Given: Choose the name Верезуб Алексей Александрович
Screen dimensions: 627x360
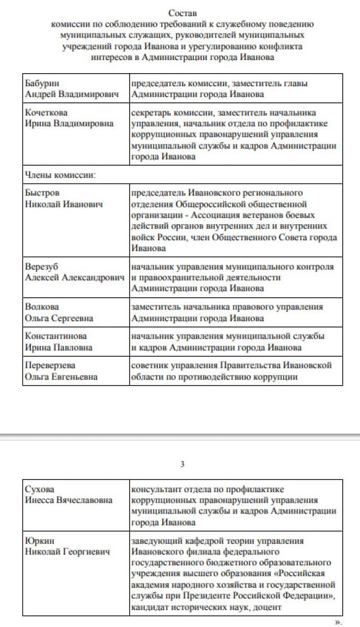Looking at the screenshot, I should tap(76, 272).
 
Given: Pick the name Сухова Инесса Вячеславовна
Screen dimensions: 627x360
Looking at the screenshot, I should tap(68, 494).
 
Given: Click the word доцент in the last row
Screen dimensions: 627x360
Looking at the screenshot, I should tap(270, 607).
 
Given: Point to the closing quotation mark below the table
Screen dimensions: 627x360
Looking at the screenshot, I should tap(337, 622).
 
